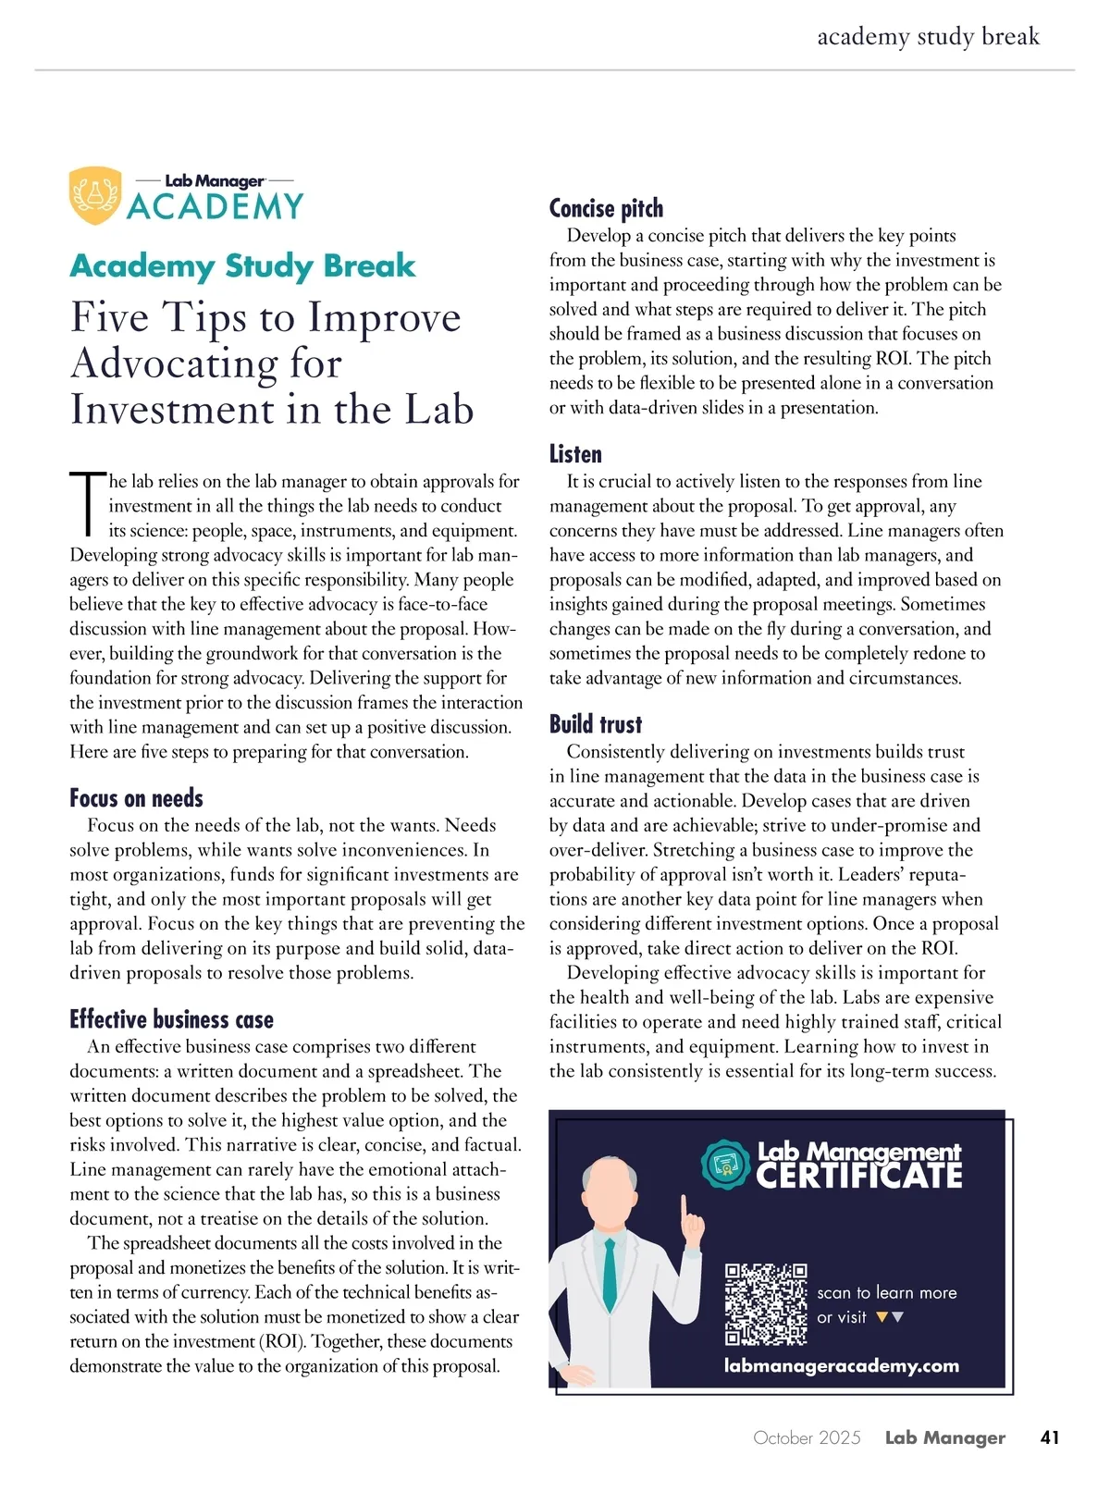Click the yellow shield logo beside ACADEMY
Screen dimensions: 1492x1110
pyautogui.click(x=95, y=195)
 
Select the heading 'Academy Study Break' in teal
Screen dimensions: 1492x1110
pyautogui.click(x=242, y=266)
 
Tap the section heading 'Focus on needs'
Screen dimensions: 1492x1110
pyautogui.click(x=136, y=798)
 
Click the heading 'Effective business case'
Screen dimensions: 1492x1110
pyautogui.click(x=171, y=1019)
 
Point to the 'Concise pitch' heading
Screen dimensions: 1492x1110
pyautogui.click(x=606, y=209)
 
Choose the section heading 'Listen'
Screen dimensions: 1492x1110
pyautogui.click(x=575, y=454)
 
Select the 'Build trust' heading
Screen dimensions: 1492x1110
pyautogui.click(x=595, y=724)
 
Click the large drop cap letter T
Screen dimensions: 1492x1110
pyautogui.click(x=88, y=504)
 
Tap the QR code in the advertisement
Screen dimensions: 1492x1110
pyautogui.click(x=766, y=1304)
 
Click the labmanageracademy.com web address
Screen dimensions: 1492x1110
pyautogui.click(x=841, y=1365)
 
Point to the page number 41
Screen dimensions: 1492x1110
pyautogui.click(x=1049, y=1437)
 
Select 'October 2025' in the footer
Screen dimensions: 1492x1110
pyautogui.click(x=807, y=1437)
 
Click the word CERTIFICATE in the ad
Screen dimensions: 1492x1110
pyautogui.click(x=859, y=1177)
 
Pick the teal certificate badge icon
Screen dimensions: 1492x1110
pyautogui.click(x=726, y=1165)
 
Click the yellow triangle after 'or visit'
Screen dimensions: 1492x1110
pyautogui.click(x=882, y=1317)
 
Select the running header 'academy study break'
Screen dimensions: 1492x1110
pyautogui.click(x=928, y=37)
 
